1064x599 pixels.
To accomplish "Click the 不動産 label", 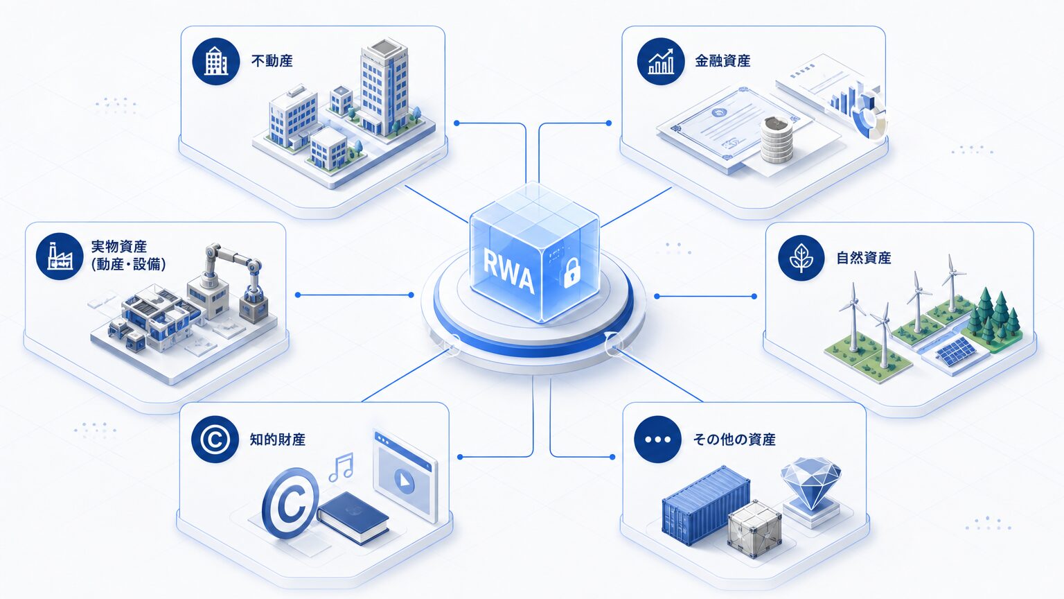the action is (x=272, y=61).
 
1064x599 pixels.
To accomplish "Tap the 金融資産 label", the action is (x=722, y=61).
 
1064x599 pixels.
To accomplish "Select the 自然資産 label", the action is (x=864, y=258).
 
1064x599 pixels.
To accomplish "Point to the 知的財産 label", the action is (x=277, y=440).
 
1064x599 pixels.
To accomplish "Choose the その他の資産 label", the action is (x=734, y=440).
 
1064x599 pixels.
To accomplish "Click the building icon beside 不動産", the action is (x=215, y=61).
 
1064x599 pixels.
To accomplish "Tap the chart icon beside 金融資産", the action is (x=661, y=61).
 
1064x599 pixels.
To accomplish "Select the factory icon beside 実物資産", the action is (x=60, y=257).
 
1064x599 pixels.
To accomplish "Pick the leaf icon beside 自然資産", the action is (x=801, y=258).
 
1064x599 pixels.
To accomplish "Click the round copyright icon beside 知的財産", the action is (x=215, y=440).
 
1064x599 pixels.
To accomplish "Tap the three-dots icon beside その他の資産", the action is (x=658, y=440).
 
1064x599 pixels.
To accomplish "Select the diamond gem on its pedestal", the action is (x=811, y=489).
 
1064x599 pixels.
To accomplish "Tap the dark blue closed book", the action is (x=353, y=517).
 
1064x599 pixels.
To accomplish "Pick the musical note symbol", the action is (x=342, y=467).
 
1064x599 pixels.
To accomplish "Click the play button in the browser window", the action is (x=405, y=482).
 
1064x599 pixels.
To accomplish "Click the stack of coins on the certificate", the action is (x=777, y=140).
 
